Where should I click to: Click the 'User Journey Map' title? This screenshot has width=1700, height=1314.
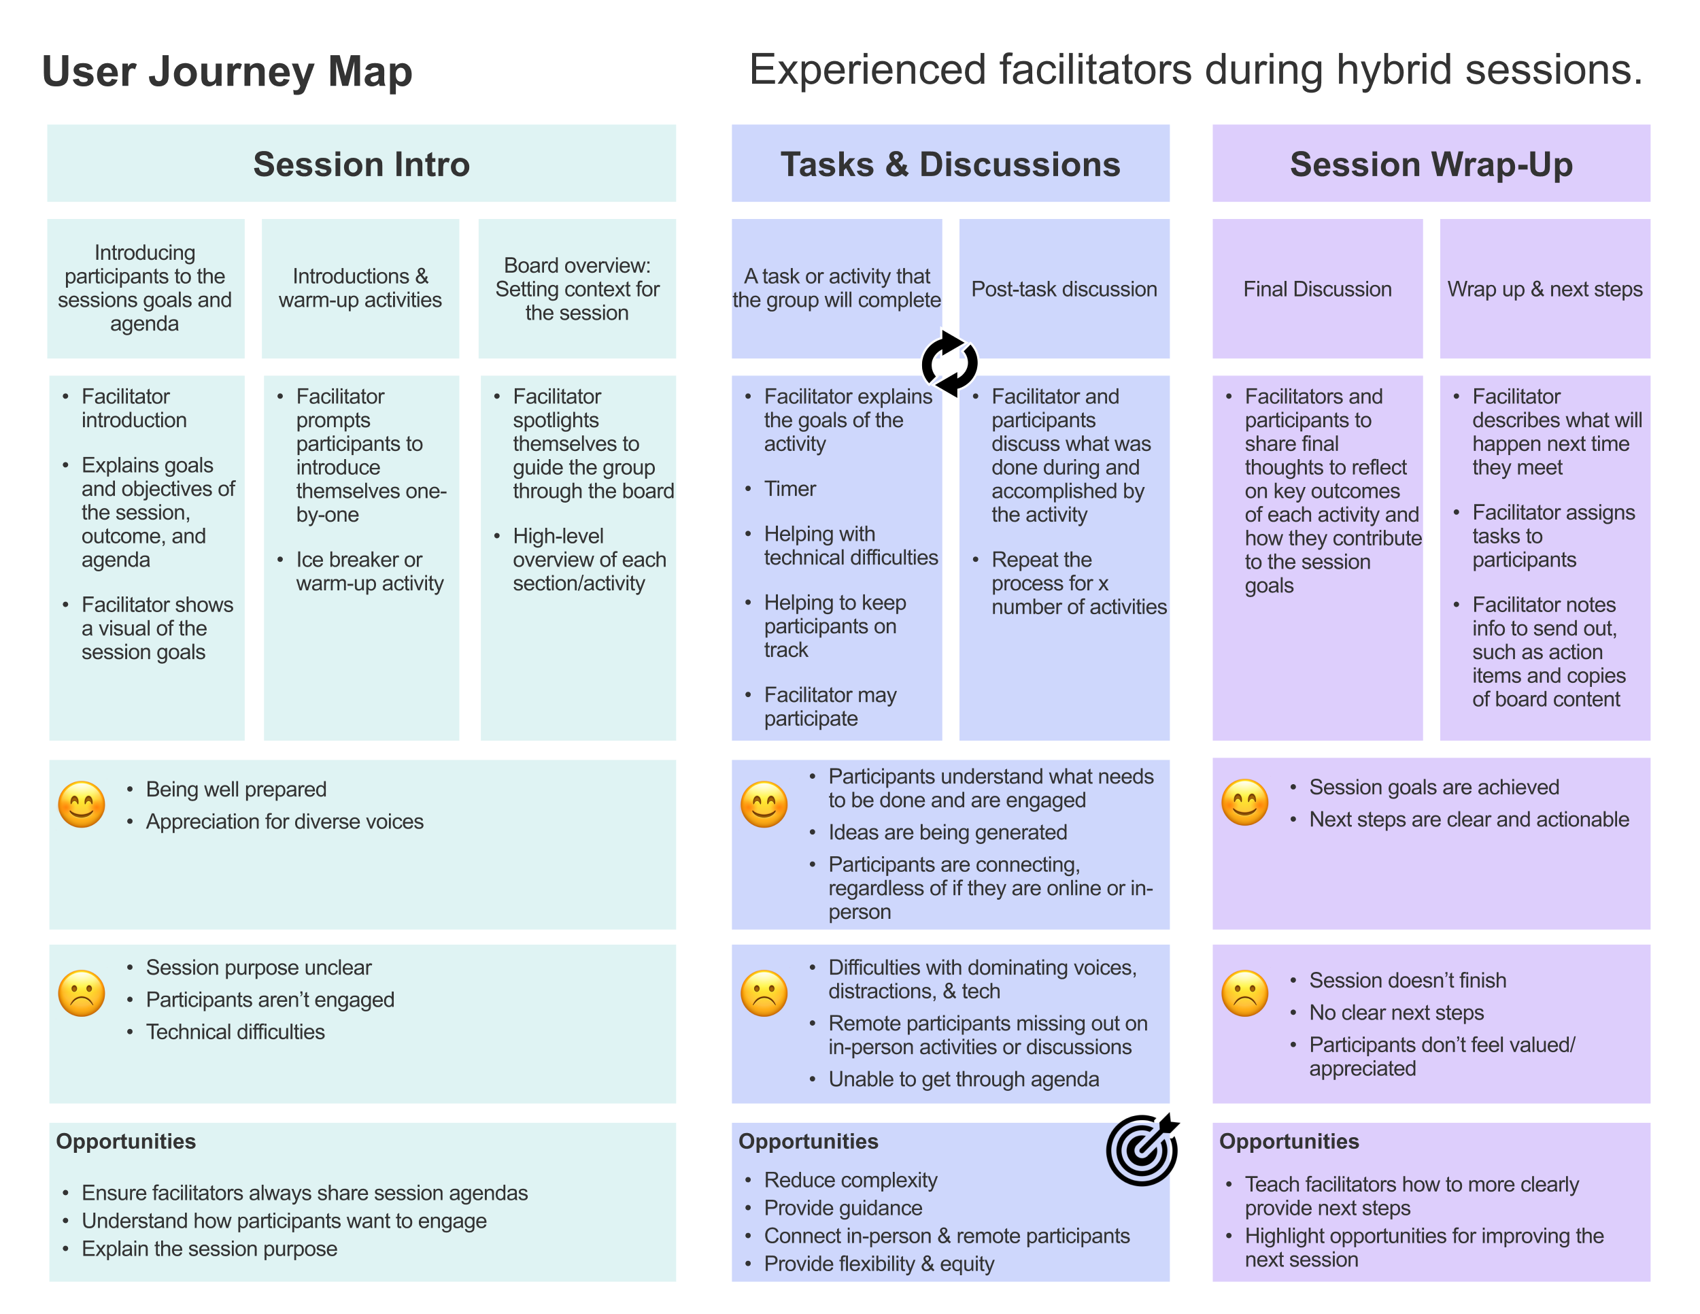click(226, 71)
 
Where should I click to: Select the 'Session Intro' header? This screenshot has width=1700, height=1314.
click(361, 165)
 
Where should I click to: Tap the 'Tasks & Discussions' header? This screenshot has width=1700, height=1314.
click(950, 165)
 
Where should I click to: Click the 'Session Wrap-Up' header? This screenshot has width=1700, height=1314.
click(1431, 165)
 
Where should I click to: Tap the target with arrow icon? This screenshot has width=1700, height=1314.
click(1142, 1149)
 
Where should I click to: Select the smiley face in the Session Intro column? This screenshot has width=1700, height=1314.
click(82, 804)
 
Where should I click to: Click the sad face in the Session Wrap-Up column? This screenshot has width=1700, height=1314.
click(1244, 993)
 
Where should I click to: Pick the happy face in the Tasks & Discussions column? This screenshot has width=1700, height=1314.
click(764, 804)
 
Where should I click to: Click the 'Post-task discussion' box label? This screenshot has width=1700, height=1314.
click(1064, 289)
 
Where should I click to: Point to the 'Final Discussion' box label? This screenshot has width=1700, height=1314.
click(1317, 289)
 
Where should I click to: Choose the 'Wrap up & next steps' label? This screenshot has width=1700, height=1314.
click(1544, 289)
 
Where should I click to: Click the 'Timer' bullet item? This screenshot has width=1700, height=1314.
click(789, 489)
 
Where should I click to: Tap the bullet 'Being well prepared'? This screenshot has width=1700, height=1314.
click(236, 790)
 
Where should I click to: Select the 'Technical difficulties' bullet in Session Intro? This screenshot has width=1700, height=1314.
click(235, 1032)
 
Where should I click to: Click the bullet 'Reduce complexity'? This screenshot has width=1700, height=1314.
click(850, 1180)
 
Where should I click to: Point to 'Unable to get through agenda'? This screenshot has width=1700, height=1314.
click(963, 1079)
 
